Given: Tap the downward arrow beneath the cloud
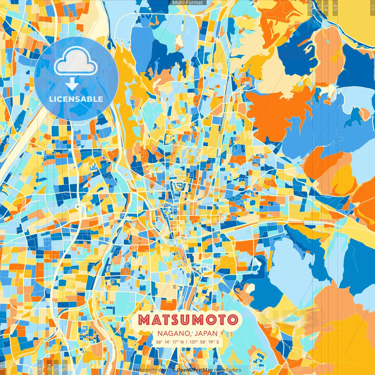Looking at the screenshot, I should [72, 84].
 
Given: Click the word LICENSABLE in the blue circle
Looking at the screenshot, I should [76, 99].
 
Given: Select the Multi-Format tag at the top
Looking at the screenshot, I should [187, 3].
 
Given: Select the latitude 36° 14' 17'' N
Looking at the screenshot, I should [170, 342].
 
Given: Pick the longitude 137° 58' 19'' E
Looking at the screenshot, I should [204, 342].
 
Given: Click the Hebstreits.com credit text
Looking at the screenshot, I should [151, 370].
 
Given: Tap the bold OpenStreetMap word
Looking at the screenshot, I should [195, 370].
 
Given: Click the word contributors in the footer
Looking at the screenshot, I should [228, 370].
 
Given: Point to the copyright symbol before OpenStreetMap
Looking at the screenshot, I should [174, 370].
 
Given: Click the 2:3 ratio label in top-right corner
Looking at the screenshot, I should [310, 7].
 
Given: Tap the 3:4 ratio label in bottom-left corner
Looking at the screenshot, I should [49, 367].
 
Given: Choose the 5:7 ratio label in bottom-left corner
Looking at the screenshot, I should [57, 367].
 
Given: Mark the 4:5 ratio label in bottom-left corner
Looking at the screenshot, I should [40, 367].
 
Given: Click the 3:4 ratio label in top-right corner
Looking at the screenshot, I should [326, 7].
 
